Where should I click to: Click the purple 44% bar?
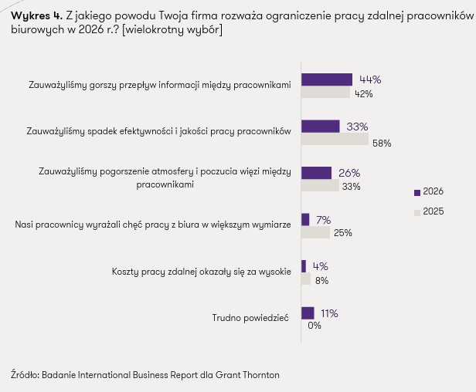(x=326, y=79)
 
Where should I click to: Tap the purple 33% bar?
(x=320, y=127)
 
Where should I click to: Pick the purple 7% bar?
(x=304, y=219)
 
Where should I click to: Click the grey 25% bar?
(x=315, y=232)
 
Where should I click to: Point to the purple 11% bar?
(x=308, y=313)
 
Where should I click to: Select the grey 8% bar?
(x=306, y=279)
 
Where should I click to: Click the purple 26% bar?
(x=316, y=173)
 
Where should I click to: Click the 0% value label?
(x=314, y=326)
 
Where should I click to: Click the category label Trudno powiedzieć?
(x=251, y=318)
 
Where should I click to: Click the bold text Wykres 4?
(x=32, y=16)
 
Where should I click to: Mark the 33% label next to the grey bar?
(x=352, y=187)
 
